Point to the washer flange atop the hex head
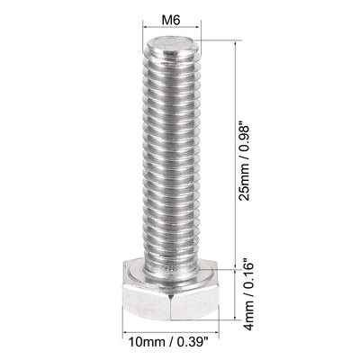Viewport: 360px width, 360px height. (170, 268)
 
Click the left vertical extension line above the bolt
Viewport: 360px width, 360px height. (145, 36)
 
